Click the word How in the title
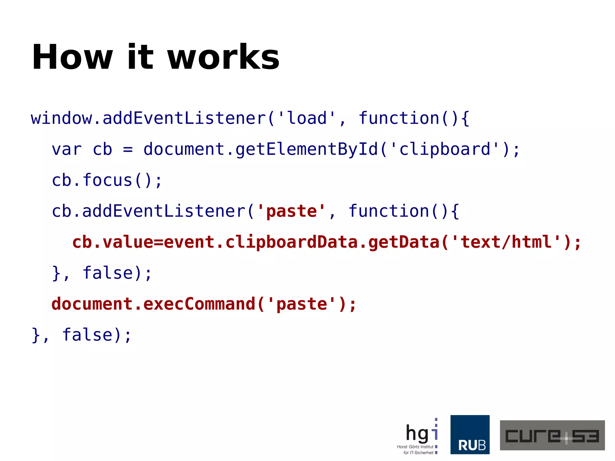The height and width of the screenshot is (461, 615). tap(72, 57)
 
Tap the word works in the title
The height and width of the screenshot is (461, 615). tap(223, 57)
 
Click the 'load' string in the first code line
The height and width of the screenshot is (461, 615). tap(307, 118)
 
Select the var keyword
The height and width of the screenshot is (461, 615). tap(67, 149)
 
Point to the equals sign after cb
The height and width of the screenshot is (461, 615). tap(128, 149)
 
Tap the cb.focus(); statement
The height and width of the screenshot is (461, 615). tap(107, 180)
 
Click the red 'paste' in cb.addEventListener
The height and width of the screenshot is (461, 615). tap(291, 211)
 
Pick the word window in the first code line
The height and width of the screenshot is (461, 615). tap(62, 118)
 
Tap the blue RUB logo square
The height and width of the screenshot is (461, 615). tap(470, 434)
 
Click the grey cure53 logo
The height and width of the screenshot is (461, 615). tap(552, 435)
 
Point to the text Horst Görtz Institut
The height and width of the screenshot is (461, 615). tap(415, 447)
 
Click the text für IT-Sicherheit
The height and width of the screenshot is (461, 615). tap(418, 453)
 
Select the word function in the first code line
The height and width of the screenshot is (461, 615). tap(399, 118)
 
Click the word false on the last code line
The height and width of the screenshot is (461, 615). tap(87, 335)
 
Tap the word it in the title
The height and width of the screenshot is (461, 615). tap(140, 57)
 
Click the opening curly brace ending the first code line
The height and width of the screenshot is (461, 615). tap(465, 118)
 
